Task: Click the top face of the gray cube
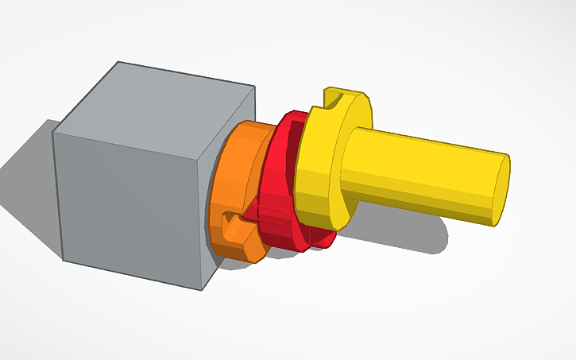[159, 99]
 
